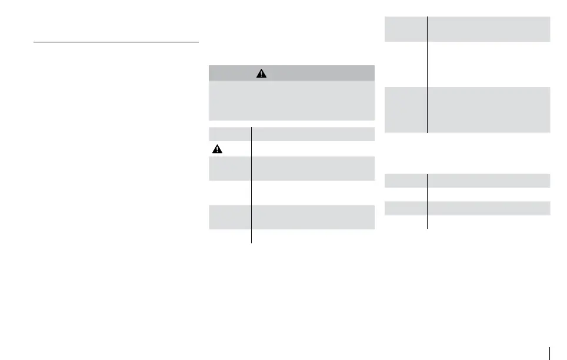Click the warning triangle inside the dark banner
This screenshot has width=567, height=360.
(262, 74)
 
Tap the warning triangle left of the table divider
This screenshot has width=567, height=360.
(218, 149)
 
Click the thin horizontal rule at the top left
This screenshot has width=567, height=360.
(116, 42)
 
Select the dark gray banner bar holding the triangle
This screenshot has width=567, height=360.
(292, 73)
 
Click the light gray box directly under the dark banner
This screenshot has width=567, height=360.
(292, 101)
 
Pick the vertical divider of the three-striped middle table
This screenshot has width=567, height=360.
(252, 183)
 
